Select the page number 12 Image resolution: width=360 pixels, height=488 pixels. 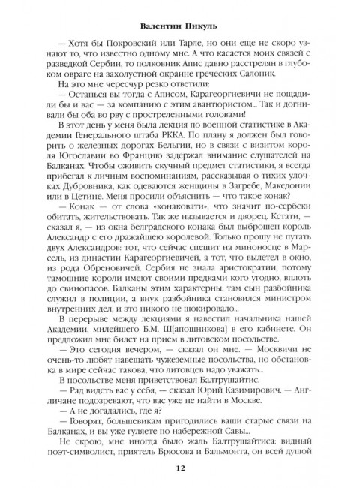point(180,468)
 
